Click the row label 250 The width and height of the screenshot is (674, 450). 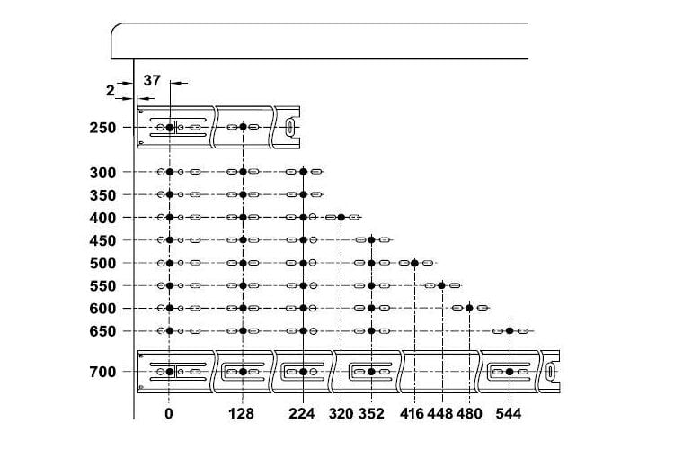point(102,128)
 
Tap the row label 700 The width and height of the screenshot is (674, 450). point(102,372)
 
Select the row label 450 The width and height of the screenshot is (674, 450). point(102,240)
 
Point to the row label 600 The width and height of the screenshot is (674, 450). point(102,309)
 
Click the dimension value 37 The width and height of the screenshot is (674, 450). point(152,80)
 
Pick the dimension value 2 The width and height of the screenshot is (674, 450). point(111,90)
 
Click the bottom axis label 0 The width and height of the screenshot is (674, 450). point(169,414)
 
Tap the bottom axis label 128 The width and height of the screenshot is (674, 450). point(241,414)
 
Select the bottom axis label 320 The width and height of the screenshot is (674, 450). point(341,414)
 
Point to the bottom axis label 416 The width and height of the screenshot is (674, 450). point(412,414)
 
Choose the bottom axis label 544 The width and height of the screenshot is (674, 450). point(509,414)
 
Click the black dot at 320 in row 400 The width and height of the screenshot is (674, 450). point(341,217)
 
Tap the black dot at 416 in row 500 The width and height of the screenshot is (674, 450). point(415,263)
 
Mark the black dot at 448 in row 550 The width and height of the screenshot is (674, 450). point(441,285)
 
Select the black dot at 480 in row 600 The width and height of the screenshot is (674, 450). point(469,308)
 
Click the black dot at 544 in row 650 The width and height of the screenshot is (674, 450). point(510,330)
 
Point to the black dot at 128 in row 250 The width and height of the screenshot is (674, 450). point(244,127)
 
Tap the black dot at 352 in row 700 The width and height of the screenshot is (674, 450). point(371,372)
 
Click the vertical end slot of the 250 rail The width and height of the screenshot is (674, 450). point(290,128)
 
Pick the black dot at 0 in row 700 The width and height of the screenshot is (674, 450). point(170,372)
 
